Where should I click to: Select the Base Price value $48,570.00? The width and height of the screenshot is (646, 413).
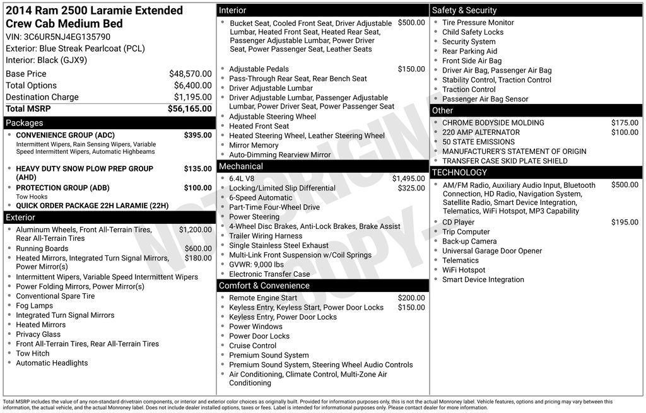[190, 74]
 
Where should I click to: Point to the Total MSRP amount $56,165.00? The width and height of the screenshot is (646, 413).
[189, 109]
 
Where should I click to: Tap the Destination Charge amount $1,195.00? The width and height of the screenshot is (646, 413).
[192, 97]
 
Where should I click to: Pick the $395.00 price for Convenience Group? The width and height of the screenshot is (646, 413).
[197, 135]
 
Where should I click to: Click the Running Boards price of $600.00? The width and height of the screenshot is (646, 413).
[198, 248]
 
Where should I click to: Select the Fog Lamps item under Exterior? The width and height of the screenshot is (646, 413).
[34, 306]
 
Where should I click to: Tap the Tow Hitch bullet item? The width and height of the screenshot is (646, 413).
[32, 354]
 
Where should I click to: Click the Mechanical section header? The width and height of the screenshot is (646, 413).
[323, 166]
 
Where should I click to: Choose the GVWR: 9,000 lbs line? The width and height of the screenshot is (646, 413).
[256, 265]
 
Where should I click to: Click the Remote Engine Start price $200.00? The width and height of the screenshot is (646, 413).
[411, 298]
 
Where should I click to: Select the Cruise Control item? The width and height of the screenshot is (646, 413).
[252, 346]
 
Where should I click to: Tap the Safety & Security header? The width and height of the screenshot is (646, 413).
[536, 11]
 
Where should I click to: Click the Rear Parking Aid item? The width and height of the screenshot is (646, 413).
[469, 51]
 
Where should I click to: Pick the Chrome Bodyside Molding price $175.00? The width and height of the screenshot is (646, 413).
[625, 123]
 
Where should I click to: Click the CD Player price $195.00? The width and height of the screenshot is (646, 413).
[625, 222]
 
